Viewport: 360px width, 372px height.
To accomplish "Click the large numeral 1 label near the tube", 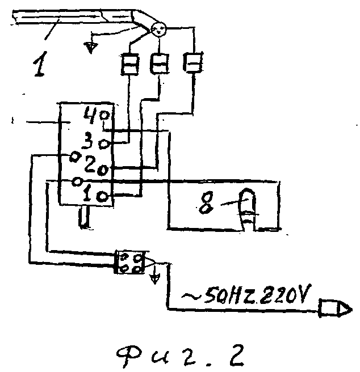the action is click(40, 64).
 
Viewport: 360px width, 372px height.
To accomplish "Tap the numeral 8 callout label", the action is click(206, 202).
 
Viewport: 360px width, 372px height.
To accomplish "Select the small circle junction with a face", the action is click(159, 29).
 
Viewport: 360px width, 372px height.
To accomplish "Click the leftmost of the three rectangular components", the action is click(129, 64).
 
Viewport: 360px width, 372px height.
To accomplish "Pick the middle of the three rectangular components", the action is click(159, 64).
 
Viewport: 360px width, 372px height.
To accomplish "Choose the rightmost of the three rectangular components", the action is click(193, 62).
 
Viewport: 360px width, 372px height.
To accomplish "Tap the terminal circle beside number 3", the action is click(104, 144).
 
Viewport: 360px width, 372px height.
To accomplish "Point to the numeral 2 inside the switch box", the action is click(90, 164).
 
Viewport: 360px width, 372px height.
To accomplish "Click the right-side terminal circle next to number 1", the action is click(103, 197).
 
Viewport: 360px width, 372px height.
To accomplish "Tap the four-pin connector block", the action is click(129, 263).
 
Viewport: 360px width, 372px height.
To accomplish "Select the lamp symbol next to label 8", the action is click(247, 209).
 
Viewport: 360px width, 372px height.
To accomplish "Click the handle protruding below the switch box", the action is click(85, 217).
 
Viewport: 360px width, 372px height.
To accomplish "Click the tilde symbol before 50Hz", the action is click(191, 297).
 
